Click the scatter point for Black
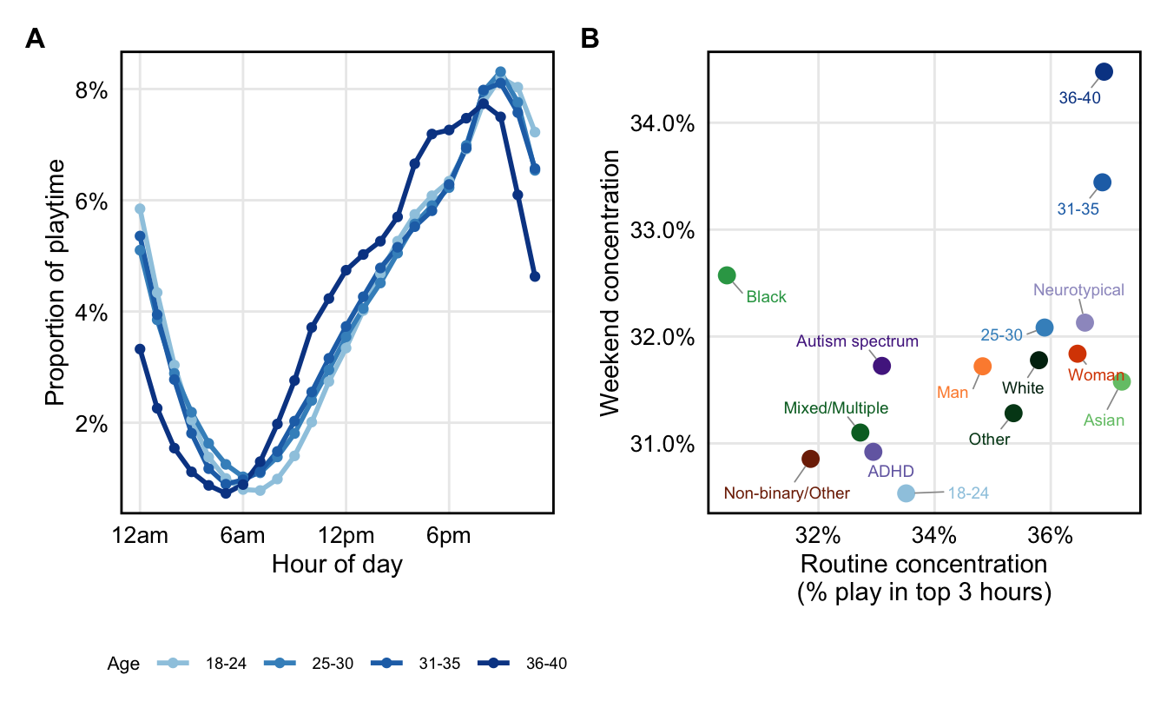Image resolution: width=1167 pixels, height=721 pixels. click(727, 275)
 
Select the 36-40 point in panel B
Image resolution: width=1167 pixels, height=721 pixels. click(1104, 71)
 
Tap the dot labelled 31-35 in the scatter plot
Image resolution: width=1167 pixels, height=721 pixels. click(1102, 182)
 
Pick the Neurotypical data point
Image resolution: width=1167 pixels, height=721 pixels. click(1085, 322)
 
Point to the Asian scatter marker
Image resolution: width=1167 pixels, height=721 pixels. click(1121, 381)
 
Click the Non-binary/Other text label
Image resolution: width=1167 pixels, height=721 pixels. click(787, 493)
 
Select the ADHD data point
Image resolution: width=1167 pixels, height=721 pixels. click(874, 452)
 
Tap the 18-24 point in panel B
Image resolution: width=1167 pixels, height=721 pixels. click(906, 493)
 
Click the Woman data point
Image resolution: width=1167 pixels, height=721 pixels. click(1078, 354)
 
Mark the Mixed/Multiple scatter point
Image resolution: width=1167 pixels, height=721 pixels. click(860, 433)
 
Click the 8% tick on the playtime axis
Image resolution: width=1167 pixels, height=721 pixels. click(92, 89)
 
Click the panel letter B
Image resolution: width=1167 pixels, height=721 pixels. click(590, 39)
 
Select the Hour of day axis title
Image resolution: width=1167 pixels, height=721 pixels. click(337, 565)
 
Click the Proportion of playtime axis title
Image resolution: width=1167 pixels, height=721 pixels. click(55, 282)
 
